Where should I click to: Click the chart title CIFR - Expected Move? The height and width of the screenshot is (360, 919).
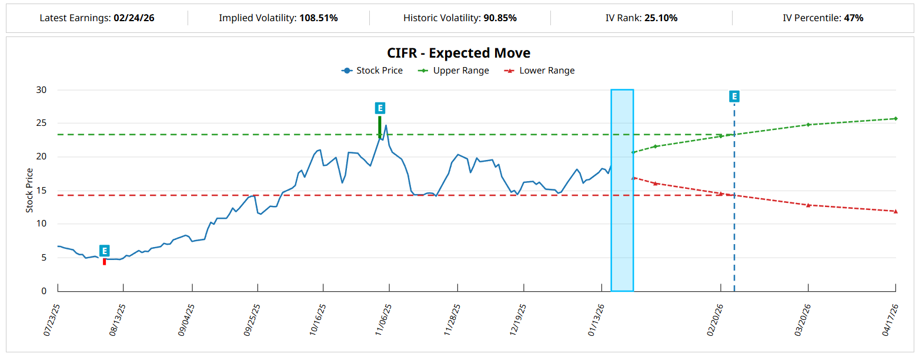(459, 53)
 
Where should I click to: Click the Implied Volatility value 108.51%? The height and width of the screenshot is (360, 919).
(318, 18)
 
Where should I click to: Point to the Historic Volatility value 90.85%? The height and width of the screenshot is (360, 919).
(500, 18)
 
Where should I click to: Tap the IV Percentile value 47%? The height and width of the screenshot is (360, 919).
(853, 18)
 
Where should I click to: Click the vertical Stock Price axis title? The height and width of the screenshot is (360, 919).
(29, 191)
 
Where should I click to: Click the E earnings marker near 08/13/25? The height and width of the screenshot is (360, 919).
(105, 251)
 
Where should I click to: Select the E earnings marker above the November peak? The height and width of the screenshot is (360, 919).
(380, 108)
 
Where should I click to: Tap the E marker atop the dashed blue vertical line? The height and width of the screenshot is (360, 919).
(734, 96)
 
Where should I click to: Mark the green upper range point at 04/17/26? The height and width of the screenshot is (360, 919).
(895, 118)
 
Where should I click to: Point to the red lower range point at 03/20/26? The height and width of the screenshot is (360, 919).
(808, 205)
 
